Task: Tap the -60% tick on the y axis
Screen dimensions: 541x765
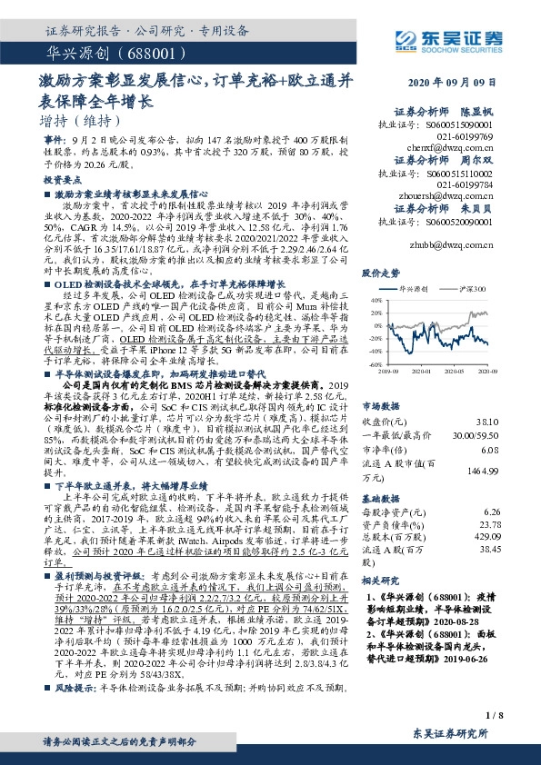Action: click(371, 363)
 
